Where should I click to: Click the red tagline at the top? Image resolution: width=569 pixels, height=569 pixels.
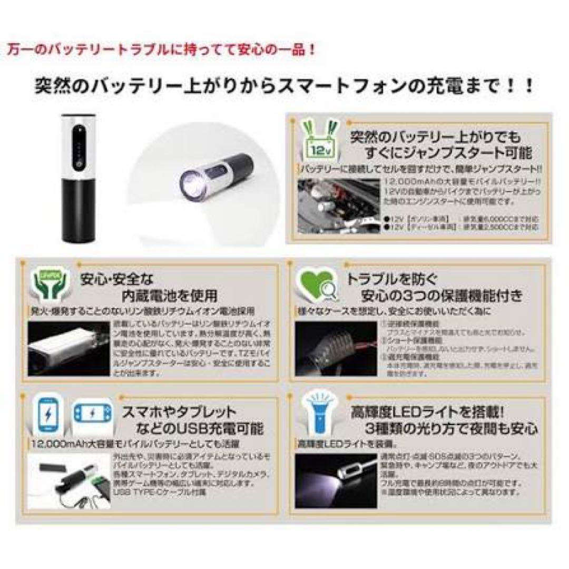pos(162,50)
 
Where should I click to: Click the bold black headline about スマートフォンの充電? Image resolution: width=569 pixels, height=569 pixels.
pos(284,85)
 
